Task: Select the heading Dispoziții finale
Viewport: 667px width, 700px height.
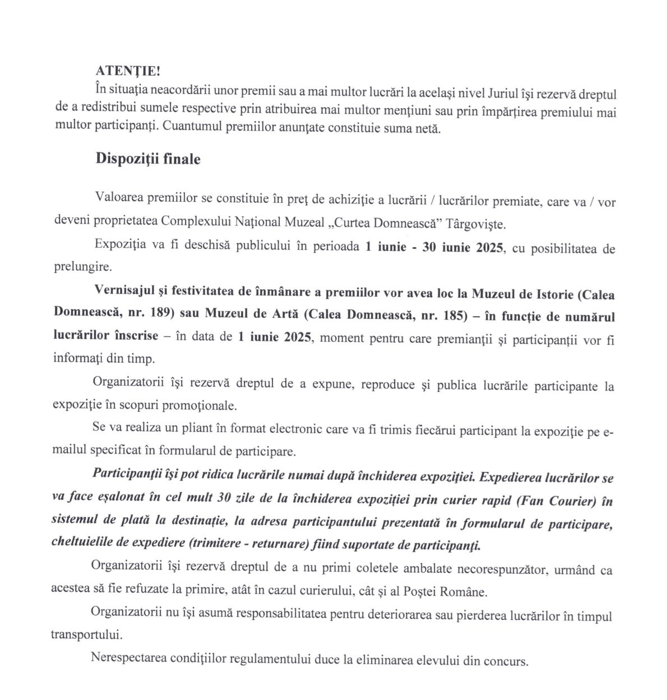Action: pyautogui.click(x=148, y=159)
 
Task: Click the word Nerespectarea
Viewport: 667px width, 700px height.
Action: pyautogui.click(x=127, y=660)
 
